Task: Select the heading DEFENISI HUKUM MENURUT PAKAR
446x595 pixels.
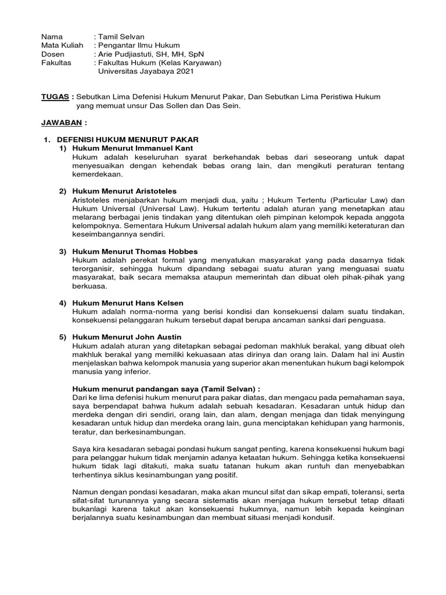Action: coord(128,140)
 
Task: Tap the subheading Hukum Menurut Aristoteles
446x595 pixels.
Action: coord(124,191)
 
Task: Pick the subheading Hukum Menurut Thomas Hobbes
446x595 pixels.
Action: coord(135,251)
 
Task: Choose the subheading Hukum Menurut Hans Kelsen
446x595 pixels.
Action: coord(128,303)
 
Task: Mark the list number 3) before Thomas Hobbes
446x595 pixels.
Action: coord(63,251)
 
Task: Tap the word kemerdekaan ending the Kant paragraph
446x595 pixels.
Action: coord(98,174)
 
